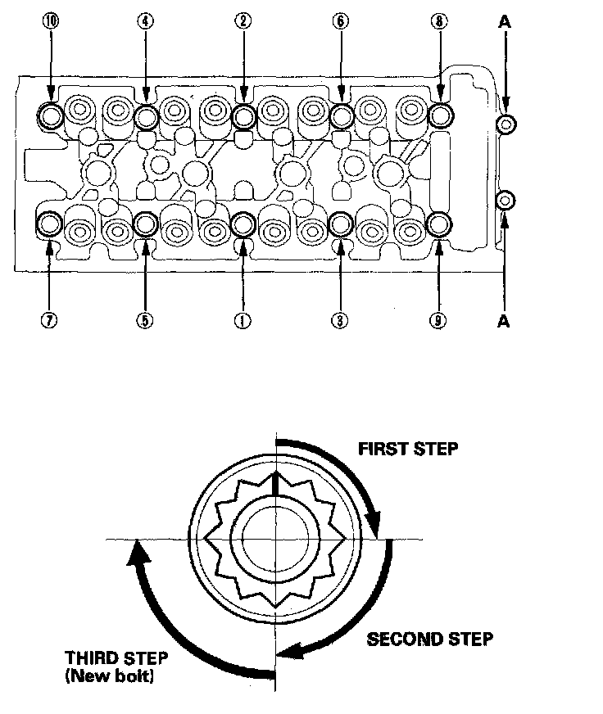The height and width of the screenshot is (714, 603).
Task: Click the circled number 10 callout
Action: [51, 22]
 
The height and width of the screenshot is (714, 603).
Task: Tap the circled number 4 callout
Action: [146, 22]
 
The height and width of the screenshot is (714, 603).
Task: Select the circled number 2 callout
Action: [243, 22]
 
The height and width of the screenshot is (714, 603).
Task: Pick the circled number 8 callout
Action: [439, 22]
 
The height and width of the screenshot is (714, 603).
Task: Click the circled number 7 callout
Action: [51, 321]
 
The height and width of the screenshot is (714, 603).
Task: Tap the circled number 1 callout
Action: [243, 321]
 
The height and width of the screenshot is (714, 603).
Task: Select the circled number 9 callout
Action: [439, 321]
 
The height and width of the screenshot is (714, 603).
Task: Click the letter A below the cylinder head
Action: [505, 321]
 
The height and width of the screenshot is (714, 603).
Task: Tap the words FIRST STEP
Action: [408, 449]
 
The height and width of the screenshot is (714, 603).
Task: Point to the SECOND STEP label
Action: [429, 639]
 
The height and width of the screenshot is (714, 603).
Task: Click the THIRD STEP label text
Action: [118, 658]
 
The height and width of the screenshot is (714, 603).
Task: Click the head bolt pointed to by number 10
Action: [51, 116]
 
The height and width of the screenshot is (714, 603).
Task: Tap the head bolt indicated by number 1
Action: [243, 223]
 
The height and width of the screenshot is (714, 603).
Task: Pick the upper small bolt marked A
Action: [506, 124]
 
